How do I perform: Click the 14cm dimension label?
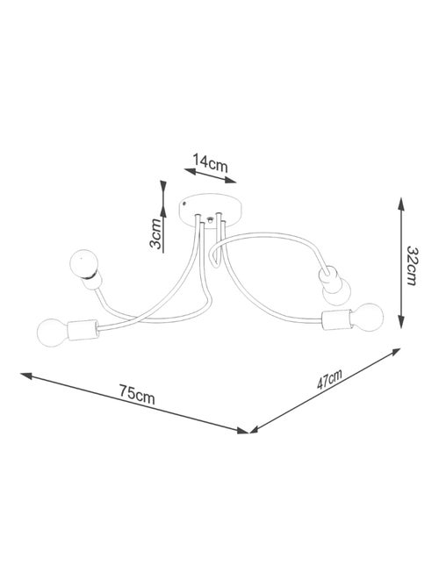210,162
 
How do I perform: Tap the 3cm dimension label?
155,234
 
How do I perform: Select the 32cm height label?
412,266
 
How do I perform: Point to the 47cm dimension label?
329,380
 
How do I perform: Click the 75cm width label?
137,394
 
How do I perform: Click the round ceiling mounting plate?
209,211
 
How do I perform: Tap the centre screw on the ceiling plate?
210,220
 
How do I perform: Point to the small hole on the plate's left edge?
184,204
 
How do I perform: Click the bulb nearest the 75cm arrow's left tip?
53,333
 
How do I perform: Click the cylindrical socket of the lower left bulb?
83,330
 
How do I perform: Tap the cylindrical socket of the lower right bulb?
337,319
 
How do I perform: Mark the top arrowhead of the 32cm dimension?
401,204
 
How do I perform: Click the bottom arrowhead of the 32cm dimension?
401,321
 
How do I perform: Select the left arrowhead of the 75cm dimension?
27,376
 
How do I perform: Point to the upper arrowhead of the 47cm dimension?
395,352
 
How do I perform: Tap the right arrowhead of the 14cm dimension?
230,181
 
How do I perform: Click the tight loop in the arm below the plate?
214,258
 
